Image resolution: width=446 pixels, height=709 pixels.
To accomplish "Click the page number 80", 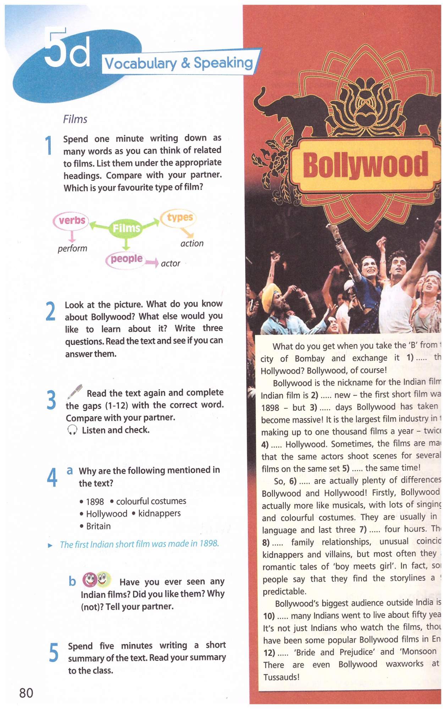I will point(26,692).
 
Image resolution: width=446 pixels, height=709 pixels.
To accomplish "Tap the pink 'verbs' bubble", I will point(71,220).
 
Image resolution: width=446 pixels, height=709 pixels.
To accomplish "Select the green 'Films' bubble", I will point(126,228).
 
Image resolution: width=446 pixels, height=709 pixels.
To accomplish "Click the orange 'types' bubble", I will point(179,217).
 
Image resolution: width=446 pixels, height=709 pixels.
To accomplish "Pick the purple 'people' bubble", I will point(126,259).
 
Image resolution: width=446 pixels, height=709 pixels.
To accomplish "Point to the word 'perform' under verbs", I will point(72,248).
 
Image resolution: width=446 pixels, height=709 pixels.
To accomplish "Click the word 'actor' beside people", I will point(170,263).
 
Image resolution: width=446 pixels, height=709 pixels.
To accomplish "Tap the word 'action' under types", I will point(192,244).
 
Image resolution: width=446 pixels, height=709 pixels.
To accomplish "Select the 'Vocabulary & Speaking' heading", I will point(179,63).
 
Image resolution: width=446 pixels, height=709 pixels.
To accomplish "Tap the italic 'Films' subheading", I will point(75,119).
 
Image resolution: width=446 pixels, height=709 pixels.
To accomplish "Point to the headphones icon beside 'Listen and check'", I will point(72,430).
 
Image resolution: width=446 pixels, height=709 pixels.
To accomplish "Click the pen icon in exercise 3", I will point(75,391).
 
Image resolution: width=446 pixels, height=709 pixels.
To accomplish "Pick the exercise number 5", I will point(54,653).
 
